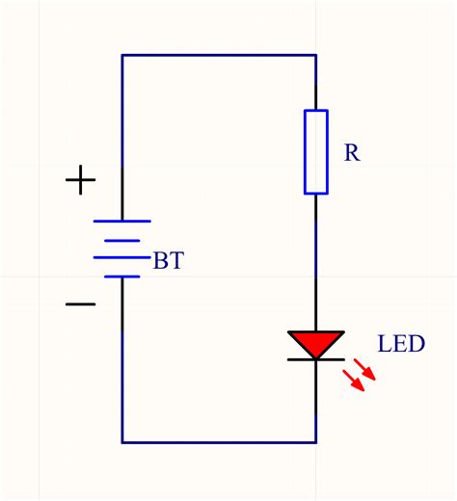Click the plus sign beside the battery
pyautogui.click(x=80, y=179)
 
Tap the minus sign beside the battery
pyautogui.click(x=80, y=304)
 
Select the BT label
pyautogui.click(x=168, y=261)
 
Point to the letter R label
pyautogui.click(x=352, y=153)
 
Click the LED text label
pyautogui.click(x=400, y=344)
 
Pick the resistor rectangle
pyautogui.click(x=315, y=152)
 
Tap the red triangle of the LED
pyautogui.click(x=315, y=342)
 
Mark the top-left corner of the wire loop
pyautogui.click(x=122, y=56)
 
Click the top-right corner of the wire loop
pyautogui.click(x=315, y=56)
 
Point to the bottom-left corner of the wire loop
pyautogui.click(x=122, y=442)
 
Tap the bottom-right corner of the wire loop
pyautogui.click(x=315, y=442)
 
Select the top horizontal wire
pyautogui.click(x=219, y=56)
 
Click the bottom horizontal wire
pyautogui.click(x=219, y=442)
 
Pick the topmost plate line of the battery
pyautogui.click(x=122, y=221)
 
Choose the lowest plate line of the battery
pyautogui.click(x=122, y=277)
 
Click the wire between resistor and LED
pyautogui.click(x=315, y=260)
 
